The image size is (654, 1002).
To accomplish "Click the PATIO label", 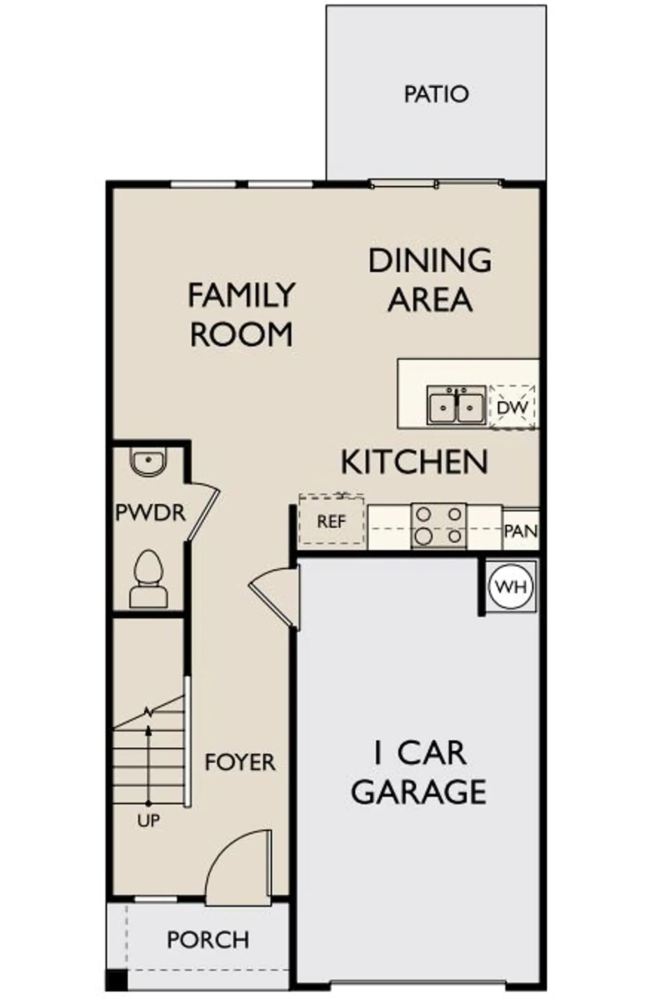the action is coord(436,94).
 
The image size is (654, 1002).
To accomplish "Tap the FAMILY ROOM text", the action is coord(241,314).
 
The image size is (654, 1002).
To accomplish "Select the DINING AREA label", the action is coord(430,280).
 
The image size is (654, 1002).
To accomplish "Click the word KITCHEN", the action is coord(414,462).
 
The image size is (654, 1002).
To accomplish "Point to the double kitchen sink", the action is coord(456,405).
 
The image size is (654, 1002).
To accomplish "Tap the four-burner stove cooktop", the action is coord(439,525).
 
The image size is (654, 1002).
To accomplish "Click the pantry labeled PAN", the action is coord(521,530).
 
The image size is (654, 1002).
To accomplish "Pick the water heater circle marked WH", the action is coord(511,587).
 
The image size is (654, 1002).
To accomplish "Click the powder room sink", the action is coord(148,461).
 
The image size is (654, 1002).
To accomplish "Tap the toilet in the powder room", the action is coord(148,579).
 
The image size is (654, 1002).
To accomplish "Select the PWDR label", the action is coord(150,513).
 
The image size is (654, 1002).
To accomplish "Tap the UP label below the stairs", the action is coord(148,820).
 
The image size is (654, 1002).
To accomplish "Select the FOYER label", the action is coord(240,762).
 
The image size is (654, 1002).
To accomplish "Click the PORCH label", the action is coord(208,940).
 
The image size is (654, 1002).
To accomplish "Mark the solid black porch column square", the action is coord(116,980).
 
